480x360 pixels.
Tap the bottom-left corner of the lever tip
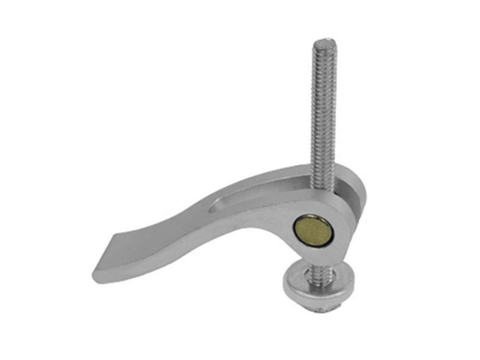(x=96, y=276)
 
